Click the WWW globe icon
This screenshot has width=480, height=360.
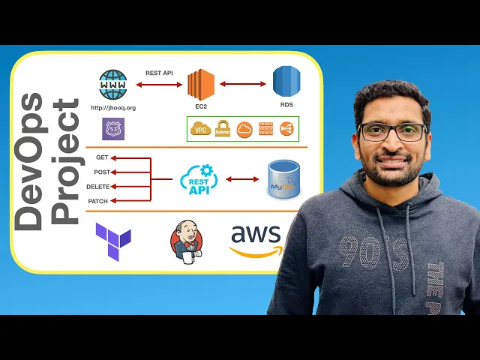113,85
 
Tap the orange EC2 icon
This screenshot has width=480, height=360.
201,85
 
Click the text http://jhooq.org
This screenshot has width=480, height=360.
113,107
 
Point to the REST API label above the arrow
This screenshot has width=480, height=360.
159,73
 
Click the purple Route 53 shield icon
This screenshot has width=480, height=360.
113,129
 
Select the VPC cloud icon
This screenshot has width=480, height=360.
199,129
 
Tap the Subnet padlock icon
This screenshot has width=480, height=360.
222,129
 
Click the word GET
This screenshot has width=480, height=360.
103,157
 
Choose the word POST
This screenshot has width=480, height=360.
102,172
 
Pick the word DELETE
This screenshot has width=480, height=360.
98,186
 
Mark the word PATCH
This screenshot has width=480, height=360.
98,201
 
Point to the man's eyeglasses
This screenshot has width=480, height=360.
391,132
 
